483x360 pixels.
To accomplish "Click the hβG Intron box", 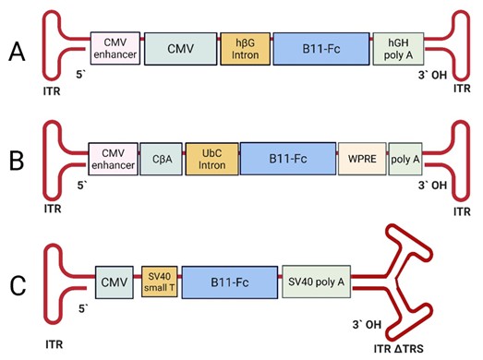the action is click(x=246, y=49).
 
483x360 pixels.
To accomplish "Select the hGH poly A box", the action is click(x=398, y=49).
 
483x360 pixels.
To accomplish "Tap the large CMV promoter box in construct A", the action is click(x=180, y=49).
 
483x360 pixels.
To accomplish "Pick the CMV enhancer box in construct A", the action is click(x=115, y=48).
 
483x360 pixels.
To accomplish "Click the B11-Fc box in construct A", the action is click(x=321, y=49).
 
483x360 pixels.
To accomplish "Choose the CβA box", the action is click(x=161, y=159).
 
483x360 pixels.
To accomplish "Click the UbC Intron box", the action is click(x=211, y=159).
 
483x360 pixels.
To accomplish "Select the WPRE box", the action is click(x=362, y=159).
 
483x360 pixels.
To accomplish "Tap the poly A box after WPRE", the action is click(x=405, y=159).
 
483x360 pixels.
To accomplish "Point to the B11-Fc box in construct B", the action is click(x=288, y=159).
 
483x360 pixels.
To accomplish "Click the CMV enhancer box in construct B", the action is click(x=113, y=159).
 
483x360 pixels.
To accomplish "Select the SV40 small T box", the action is click(x=160, y=282).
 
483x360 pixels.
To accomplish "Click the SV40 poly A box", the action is click(x=317, y=282).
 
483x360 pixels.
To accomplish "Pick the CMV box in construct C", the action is click(x=115, y=282).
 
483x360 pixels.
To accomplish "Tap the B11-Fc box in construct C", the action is click(x=230, y=282).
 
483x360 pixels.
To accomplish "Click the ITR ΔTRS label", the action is click(x=399, y=349).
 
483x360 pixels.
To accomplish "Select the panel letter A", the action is click(x=17, y=52).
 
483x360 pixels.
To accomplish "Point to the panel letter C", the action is click(x=18, y=286).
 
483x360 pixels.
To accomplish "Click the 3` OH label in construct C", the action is click(x=367, y=325).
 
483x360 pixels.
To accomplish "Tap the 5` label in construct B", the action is click(x=82, y=186).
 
